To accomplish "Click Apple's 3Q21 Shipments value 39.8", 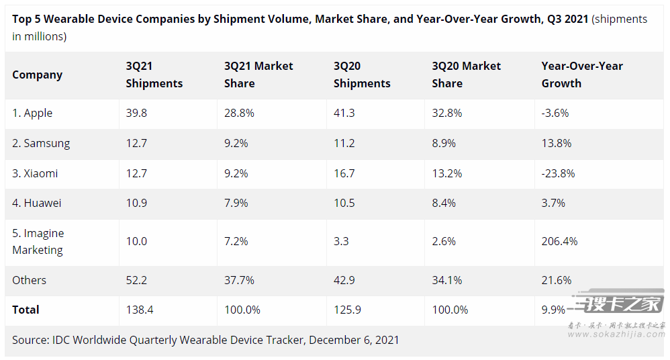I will click(136, 113).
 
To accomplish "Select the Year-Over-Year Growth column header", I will click(582, 75).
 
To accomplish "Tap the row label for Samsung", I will click(41, 143).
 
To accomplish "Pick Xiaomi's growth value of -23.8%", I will click(558, 173).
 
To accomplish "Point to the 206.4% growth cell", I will click(559, 241).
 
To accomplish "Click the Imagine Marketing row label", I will click(38, 242).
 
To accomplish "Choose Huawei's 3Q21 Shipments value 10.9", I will click(136, 203).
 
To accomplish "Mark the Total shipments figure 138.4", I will click(139, 310).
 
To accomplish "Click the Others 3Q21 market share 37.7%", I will click(239, 280).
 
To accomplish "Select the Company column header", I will click(38, 75).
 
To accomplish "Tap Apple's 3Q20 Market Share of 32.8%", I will click(447, 113).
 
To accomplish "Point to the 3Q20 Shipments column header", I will click(362, 75).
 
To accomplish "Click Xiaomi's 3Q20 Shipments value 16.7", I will click(344, 173).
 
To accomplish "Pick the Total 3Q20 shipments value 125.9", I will click(347, 310).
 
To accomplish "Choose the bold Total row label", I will click(26, 310).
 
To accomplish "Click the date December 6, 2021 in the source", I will click(354, 340).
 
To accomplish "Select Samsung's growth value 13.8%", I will click(557, 143).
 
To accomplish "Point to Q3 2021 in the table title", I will click(567, 19).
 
